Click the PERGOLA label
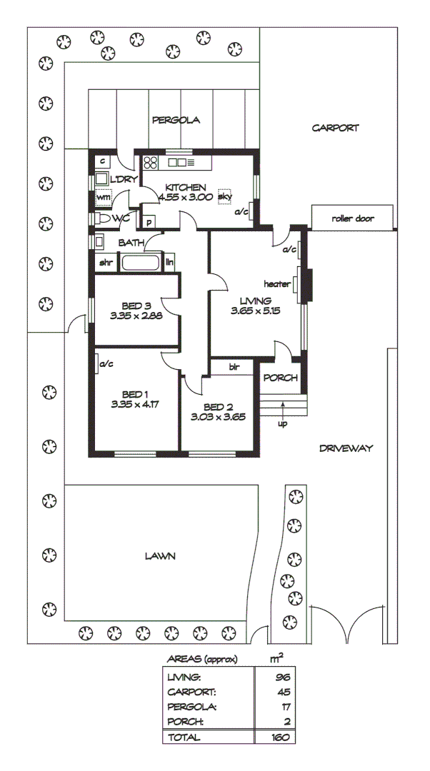click(176, 121)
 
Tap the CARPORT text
click(335, 128)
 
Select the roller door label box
click(353, 218)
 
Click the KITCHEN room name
click(186, 187)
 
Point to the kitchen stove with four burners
click(151, 162)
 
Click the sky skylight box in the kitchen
click(225, 196)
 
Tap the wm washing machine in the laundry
click(104, 197)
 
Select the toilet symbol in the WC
click(104, 218)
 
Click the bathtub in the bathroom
click(141, 263)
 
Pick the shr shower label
click(106, 263)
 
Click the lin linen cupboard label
click(169, 263)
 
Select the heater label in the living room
click(277, 283)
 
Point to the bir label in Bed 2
click(233, 367)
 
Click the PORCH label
click(280, 378)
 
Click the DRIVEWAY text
click(346, 448)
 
